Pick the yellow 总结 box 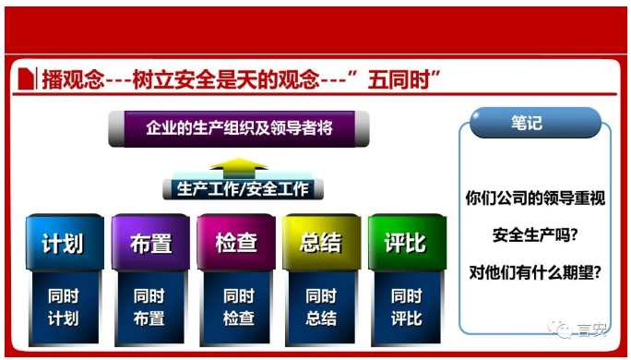point(321,244)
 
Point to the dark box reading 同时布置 point(149,307)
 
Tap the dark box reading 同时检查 point(238,307)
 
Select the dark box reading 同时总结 point(321,307)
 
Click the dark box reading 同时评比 point(406,307)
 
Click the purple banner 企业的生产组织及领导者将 point(239,128)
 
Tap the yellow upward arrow point(238,167)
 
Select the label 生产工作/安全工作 point(238,189)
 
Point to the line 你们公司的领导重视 point(534,197)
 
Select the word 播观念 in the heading point(69,79)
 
